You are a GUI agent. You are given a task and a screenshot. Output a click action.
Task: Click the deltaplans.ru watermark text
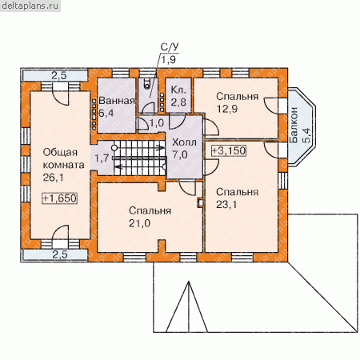(x=30, y=6)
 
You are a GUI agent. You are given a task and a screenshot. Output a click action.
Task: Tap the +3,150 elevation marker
(x=229, y=150)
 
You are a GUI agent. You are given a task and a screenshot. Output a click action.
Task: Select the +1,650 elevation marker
(x=59, y=198)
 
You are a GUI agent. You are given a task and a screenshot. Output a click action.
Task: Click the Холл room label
(x=184, y=142)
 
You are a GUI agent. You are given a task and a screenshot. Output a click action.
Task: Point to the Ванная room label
(x=117, y=101)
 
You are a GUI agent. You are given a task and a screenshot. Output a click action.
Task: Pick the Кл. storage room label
(x=178, y=90)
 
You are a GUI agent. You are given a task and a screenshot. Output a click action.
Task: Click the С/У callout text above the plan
(x=170, y=47)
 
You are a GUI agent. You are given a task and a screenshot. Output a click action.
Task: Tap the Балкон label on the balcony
(x=294, y=125)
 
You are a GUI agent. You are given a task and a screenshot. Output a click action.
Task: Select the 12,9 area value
(x=227, y=109)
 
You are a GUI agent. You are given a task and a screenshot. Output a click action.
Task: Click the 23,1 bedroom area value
(x=226, y=205)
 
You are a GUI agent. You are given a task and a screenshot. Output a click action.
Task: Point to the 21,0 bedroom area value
(x=139, y=223)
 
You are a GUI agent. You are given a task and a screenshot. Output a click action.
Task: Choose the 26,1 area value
(x=54, y=178)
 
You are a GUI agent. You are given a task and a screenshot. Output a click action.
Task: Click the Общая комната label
(x=63, y=158)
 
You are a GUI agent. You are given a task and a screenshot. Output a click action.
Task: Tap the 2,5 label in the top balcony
(x=59, y=76)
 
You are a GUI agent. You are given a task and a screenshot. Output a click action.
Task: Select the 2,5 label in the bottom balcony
(x=60, y=254)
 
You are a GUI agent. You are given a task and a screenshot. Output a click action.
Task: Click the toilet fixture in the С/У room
(x=147, y=83)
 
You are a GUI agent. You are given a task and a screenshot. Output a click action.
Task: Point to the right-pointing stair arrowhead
(x=162, y=147)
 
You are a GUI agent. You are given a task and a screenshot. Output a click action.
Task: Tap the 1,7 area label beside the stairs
(x=102, y=158)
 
